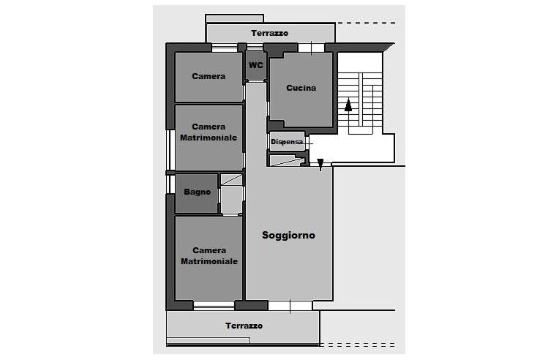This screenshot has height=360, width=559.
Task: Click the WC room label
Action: tap(256, 65)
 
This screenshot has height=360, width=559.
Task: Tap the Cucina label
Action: tap(301, 88)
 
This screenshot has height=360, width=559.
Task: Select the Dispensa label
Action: tap(287, 141)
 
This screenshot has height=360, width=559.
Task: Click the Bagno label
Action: tap(197, 192)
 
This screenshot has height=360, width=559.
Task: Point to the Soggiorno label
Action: tap(288, 236)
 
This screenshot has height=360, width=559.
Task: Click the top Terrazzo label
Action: tap(269, 33)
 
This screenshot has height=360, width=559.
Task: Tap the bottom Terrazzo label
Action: tap(244, 326)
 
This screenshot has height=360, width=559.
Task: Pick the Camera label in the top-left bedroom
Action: tap(209, 76)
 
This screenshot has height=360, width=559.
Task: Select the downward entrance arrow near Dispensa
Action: tap(320, 165)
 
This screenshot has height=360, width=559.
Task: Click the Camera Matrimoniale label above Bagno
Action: tap(209, 132)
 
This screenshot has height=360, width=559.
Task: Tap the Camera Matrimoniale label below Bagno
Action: tap(209, 255)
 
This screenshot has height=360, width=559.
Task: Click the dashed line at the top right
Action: tap(367, 23)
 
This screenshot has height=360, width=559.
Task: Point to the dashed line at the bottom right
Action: tap(358, 345)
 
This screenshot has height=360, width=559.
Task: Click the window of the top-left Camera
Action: tap(225, 48)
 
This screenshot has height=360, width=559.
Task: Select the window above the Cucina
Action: tap(311, 48)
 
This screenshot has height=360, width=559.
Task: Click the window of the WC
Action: tap(255, 47)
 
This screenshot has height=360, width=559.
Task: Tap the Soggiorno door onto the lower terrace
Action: tap(290, 305)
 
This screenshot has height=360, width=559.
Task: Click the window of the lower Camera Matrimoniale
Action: tap(214, 305)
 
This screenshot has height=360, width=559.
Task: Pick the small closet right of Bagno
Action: tap(231, 194)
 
